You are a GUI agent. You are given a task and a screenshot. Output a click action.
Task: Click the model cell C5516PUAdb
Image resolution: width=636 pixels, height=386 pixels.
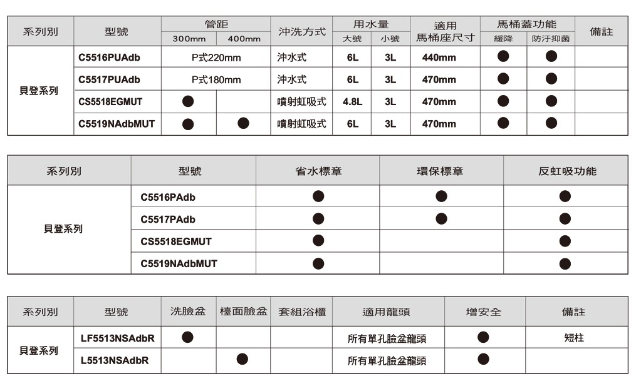[x=109, y=58]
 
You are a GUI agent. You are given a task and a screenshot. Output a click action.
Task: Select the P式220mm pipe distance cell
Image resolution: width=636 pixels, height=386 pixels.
[x=216, y=58]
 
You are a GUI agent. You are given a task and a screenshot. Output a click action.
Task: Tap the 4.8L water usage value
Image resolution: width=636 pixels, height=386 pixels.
[x=352, y=101]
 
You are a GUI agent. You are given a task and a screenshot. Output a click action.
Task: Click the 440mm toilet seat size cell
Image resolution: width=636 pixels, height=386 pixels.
[x=439, y=58]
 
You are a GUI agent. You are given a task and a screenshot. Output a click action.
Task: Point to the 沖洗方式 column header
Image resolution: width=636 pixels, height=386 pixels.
[x=301, y=31]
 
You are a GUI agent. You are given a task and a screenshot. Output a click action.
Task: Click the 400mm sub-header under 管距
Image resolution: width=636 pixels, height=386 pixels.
[x=244, y=39]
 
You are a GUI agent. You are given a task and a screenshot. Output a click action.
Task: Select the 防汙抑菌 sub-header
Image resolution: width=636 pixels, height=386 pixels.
[x=551, y=39]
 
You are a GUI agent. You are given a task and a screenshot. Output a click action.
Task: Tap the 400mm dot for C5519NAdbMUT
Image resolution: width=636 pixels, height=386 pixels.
[x=244, y=123]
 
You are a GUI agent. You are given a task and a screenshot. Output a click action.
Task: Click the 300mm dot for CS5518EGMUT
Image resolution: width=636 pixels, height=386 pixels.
[x=188, y=101]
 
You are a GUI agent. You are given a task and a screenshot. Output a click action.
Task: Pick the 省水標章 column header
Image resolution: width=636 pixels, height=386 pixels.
[x=318, y=171]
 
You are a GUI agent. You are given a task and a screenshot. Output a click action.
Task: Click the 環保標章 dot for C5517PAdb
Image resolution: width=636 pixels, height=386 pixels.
[x=441, y=218]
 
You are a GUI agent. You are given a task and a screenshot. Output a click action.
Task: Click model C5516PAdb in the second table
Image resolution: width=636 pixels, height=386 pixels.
[x=168, y=197]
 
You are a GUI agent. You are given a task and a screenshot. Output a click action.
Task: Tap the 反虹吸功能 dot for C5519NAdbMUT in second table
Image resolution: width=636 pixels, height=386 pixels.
[x=565, y=263]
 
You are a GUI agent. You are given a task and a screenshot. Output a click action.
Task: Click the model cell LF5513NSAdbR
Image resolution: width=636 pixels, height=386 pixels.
[x=117, y=338]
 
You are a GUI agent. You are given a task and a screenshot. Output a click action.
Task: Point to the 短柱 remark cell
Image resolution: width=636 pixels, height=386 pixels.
[x=574, y=338]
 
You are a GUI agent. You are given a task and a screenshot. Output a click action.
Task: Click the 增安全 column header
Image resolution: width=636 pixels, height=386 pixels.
[x=484, y=312]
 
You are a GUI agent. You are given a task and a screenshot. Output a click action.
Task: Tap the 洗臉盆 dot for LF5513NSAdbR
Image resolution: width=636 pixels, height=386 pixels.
[x=187, y=337]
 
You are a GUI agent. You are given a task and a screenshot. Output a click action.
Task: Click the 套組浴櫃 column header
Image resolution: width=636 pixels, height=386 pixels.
[x=302, y=312]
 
